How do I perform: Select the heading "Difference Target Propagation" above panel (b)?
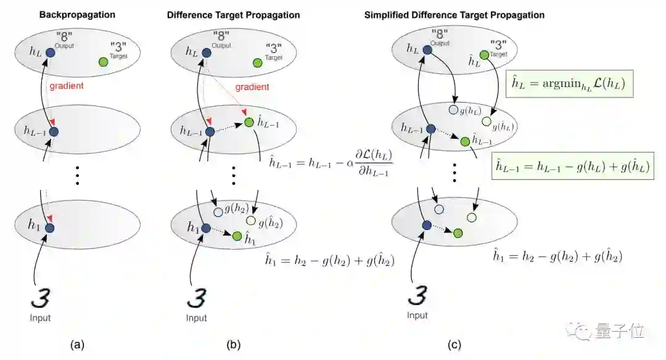(233, 14)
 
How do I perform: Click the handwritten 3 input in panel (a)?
(41, 298)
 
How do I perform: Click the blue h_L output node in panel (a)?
(50, 54)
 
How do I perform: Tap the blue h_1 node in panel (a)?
(50, 228)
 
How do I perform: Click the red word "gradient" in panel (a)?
(66, 86)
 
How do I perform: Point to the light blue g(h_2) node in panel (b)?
(218, 212)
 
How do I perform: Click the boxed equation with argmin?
(568, 84)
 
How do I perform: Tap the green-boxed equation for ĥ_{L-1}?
(573, 167)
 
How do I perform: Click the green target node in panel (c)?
(484, 55)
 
